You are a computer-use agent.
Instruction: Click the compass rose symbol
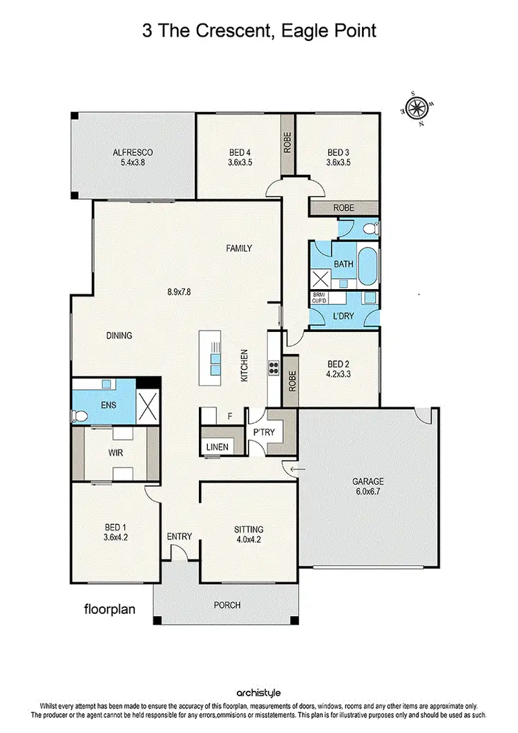pos(416,108)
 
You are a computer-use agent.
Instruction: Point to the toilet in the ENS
pos(77,414)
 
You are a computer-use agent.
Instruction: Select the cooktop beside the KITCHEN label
pos(273,368)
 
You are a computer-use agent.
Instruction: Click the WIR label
pos(115,454)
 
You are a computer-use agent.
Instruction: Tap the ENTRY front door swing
pos(178,552)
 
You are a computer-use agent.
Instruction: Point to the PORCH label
pos(227,605)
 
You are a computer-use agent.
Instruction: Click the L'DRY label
pos(343,316)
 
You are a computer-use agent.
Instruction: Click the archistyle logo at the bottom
pos(259,692)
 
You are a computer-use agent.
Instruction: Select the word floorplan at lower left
pos(109,611)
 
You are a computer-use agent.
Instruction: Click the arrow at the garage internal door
pos(296,470)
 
